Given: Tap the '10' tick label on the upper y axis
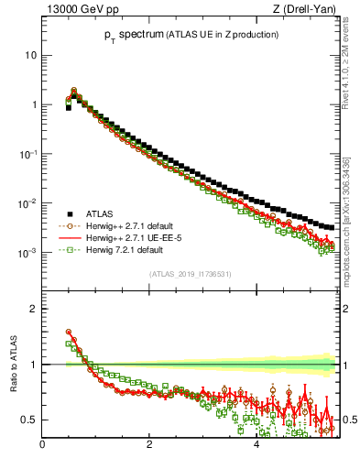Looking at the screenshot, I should click(29, 55).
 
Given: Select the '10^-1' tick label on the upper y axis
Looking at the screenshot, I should click(27, 153).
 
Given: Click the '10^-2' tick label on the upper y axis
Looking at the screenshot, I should click(27, 202).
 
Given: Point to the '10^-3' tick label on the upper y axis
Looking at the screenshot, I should click(27, 252).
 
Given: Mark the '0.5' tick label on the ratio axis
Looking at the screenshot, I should click(28, 420).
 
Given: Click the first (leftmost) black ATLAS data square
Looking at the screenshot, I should click(68, 107).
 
